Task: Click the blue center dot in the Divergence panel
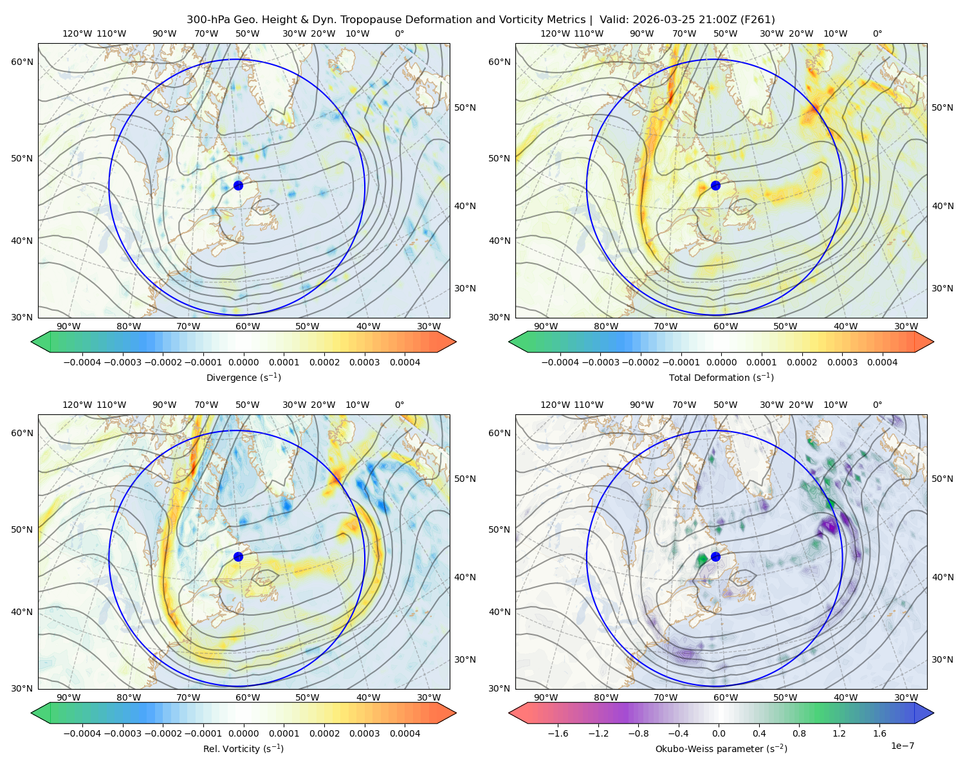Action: click(x=238, y=185)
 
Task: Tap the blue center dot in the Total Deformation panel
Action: click(x=715, y=185)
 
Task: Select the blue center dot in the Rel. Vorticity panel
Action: click(x=238, y=556)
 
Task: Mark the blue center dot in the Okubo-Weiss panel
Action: click(x=715, y=556)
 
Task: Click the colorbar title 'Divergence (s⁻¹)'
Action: click(x=243, y=377)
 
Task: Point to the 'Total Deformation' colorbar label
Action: click(x=709, y=377)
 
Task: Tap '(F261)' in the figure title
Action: click(x=757, y=20)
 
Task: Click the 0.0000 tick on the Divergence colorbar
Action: click(x=243, y=362)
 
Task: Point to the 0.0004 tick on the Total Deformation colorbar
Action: click(x=882, y=362)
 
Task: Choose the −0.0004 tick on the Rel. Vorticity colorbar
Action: click(x=82, y=733)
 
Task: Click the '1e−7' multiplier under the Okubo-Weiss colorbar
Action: click(x=902, y=746)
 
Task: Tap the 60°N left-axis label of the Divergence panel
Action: click(x=22, y=62)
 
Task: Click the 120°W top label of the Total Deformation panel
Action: click(x=555, y=33)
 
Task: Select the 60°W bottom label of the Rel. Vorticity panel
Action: click(x=248, y=697)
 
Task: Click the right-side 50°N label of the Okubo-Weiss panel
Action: click(x=942, y=479)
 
